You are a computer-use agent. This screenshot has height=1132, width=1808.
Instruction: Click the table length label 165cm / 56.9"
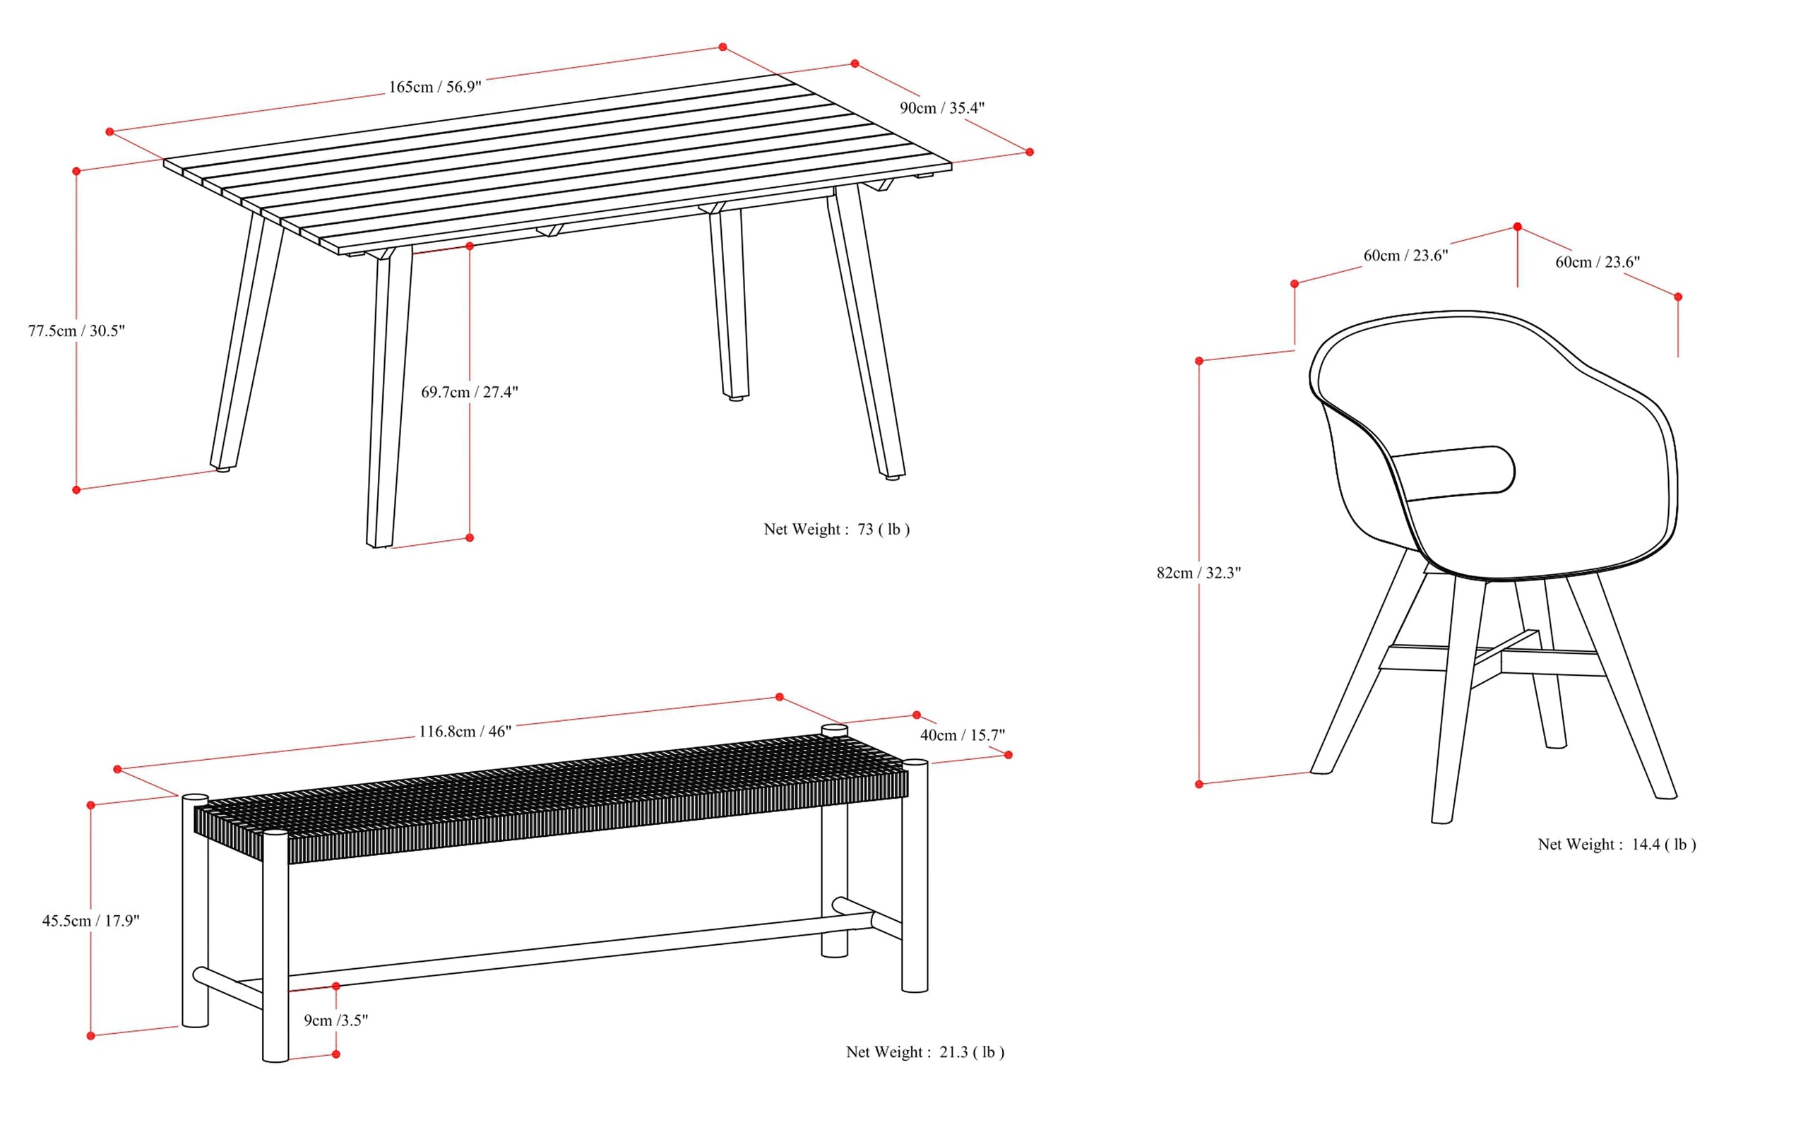(434, 87)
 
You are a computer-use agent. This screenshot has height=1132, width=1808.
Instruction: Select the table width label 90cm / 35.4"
(942, 108)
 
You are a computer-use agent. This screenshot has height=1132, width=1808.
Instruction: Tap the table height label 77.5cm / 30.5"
(76, 331)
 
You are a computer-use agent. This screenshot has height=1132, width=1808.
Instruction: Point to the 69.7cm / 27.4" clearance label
(470, 391)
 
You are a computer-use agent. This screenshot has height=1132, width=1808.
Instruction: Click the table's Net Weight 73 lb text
(836, 530)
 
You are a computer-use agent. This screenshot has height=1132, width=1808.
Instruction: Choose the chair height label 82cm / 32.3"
(1199, 573)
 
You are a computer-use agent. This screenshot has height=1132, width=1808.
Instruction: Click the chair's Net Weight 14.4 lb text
(1617, 845)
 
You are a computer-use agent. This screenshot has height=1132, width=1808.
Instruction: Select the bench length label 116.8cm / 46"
(464, 732)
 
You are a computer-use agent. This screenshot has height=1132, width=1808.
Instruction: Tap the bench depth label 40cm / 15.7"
(962, 735)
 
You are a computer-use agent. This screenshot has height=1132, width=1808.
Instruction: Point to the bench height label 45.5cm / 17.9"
(90, 921)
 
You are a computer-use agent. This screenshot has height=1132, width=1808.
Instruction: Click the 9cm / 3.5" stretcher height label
(335, 1020)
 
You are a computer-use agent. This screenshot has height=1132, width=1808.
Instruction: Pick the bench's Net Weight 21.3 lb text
(924, 1052)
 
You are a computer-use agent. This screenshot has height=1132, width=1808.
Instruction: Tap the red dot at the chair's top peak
(1518, 227)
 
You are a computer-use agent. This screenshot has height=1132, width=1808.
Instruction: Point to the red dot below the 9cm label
(336, 1054)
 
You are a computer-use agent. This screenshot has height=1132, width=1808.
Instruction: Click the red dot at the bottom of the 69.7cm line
(470, 537)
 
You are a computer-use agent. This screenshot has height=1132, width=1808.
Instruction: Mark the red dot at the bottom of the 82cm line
(1199, 784)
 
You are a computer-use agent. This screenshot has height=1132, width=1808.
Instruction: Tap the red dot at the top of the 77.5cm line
(76, 172)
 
